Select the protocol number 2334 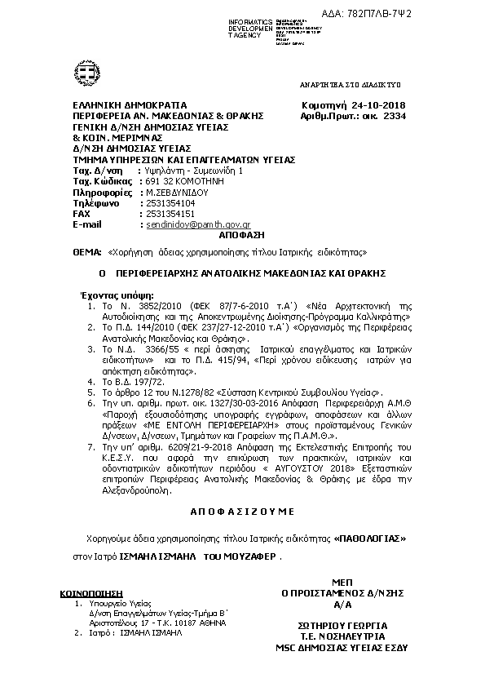(x=395, y=117)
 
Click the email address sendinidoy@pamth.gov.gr (x=197, y=224)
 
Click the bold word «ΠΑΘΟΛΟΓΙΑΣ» (x=369, y=539)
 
